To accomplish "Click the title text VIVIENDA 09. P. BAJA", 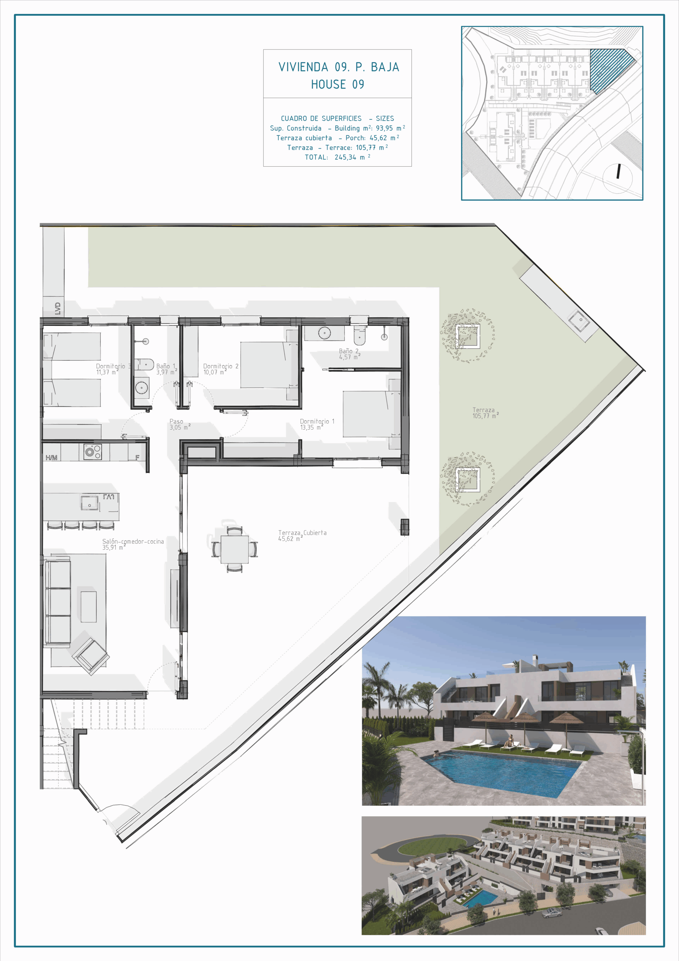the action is click(339, 67).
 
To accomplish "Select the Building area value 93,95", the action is click(384, 128).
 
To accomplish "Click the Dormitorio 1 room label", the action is click(317, 424).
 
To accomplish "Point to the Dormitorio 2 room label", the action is click(221, 369).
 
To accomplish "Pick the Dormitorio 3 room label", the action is click(113, 369).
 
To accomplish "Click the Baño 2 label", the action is click(349, 354).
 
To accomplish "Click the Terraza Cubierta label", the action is click(302, 535).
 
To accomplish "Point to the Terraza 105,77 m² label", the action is click(485, 413).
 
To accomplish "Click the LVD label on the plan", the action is click(58, 309).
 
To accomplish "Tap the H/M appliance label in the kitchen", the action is click(51, 458).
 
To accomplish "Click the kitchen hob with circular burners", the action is click(92, 452).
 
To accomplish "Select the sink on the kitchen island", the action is click(90, 503).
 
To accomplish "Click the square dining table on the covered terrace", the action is click(234, 549).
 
